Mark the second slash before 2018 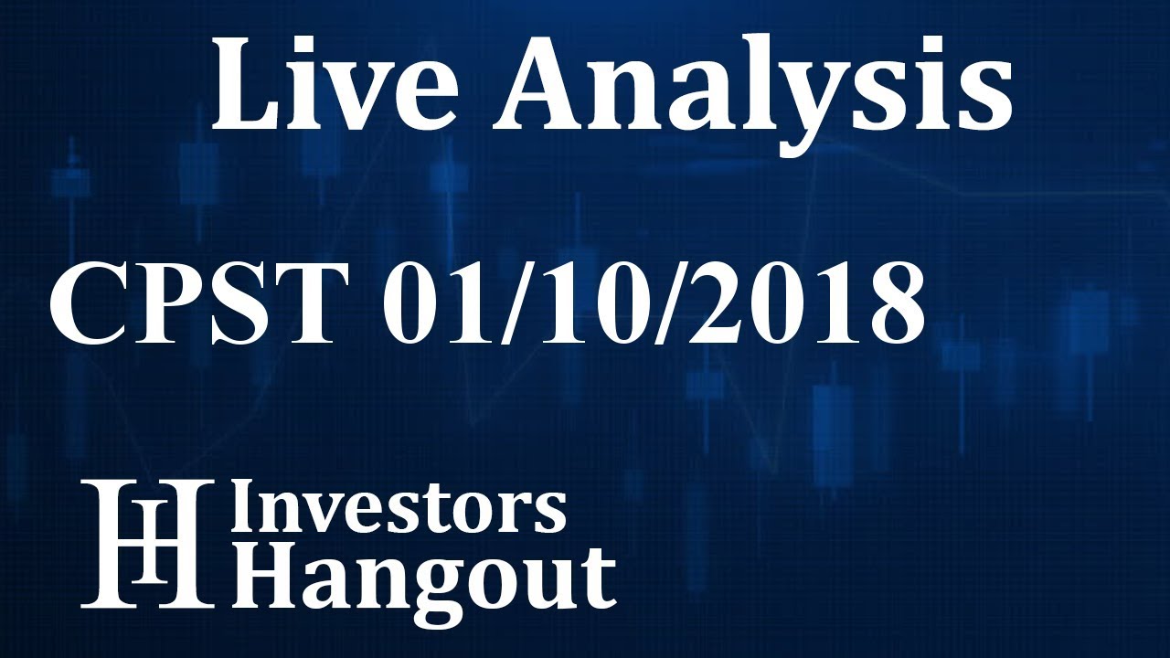point(640,301)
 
